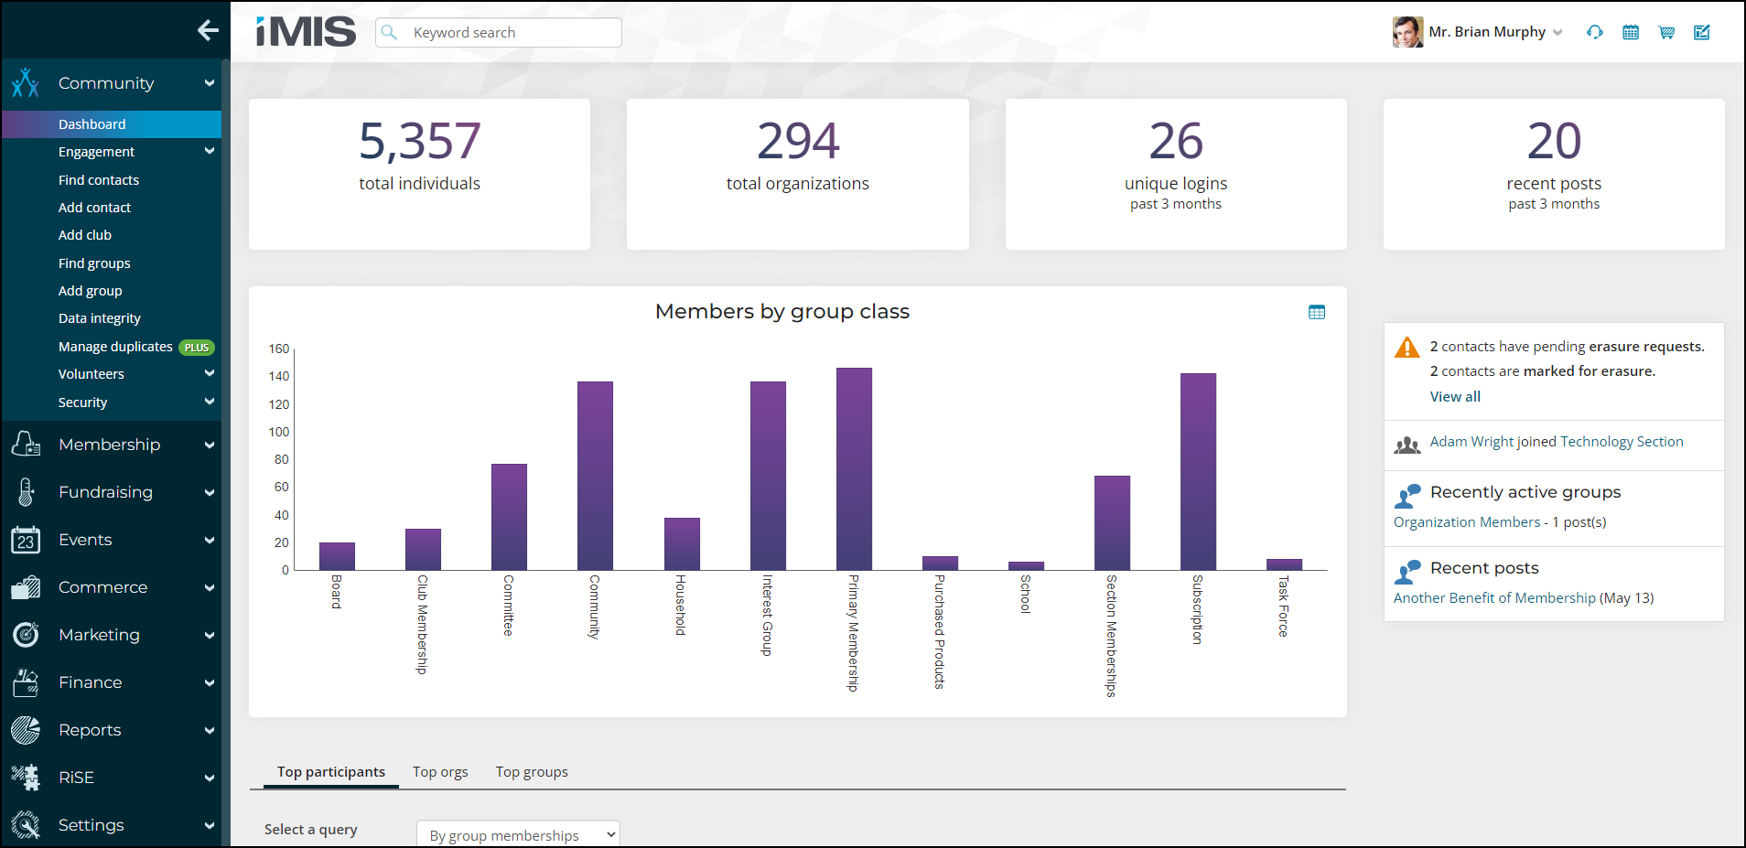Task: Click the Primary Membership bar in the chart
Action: (854, 468)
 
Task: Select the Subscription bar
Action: (1198, 471)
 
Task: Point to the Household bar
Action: (682, 543)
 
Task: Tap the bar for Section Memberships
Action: (1112, 522)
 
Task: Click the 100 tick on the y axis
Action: (279, 432)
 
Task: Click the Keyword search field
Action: (499, 33)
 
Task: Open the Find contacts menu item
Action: (99, 180)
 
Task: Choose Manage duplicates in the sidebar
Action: (115, 347)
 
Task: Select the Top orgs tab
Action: (440, 772)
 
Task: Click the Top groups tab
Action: (532, 772)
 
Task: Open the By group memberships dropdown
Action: (518, 834)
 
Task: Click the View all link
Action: (1455, 397)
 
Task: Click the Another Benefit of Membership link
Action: (1494, 598)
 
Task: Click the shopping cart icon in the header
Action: (1666, 32)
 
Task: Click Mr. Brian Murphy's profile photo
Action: (1407, 32)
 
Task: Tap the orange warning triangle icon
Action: (1406, 348)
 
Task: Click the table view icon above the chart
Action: (1317, 312)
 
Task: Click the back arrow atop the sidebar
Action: (208, 30)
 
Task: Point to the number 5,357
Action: (420, 141)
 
